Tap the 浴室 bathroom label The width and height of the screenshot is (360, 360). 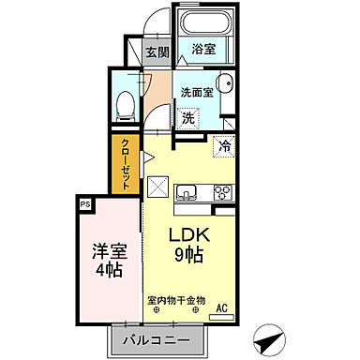[x=203, y=48]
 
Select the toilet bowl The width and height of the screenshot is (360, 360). [x=124, y=105]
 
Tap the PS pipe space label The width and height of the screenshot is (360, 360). [x=84, y=202]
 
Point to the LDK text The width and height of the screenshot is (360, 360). [x=187, y=235]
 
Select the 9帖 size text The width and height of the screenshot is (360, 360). [x=188, y=256]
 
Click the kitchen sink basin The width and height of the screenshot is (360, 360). [x=187, y=193]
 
